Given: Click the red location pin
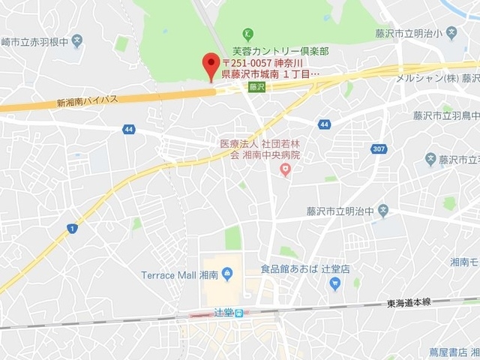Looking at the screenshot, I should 212,66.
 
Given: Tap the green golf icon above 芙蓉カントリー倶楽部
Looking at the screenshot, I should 248,33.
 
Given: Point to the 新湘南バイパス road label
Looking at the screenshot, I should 87,101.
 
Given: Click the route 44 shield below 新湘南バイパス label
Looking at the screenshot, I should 129,129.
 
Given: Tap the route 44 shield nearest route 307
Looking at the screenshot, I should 323,123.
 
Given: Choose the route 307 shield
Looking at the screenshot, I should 379,149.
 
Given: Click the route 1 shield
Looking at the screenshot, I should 72,228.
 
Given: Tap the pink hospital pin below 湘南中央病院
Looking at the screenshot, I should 285,169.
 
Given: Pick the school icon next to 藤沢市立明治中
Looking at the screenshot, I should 382,209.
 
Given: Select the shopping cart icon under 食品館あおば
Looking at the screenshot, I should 334,283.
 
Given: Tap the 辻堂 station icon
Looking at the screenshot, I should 239,313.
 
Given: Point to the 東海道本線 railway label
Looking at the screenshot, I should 411,303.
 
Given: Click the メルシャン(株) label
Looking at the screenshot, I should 426,78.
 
